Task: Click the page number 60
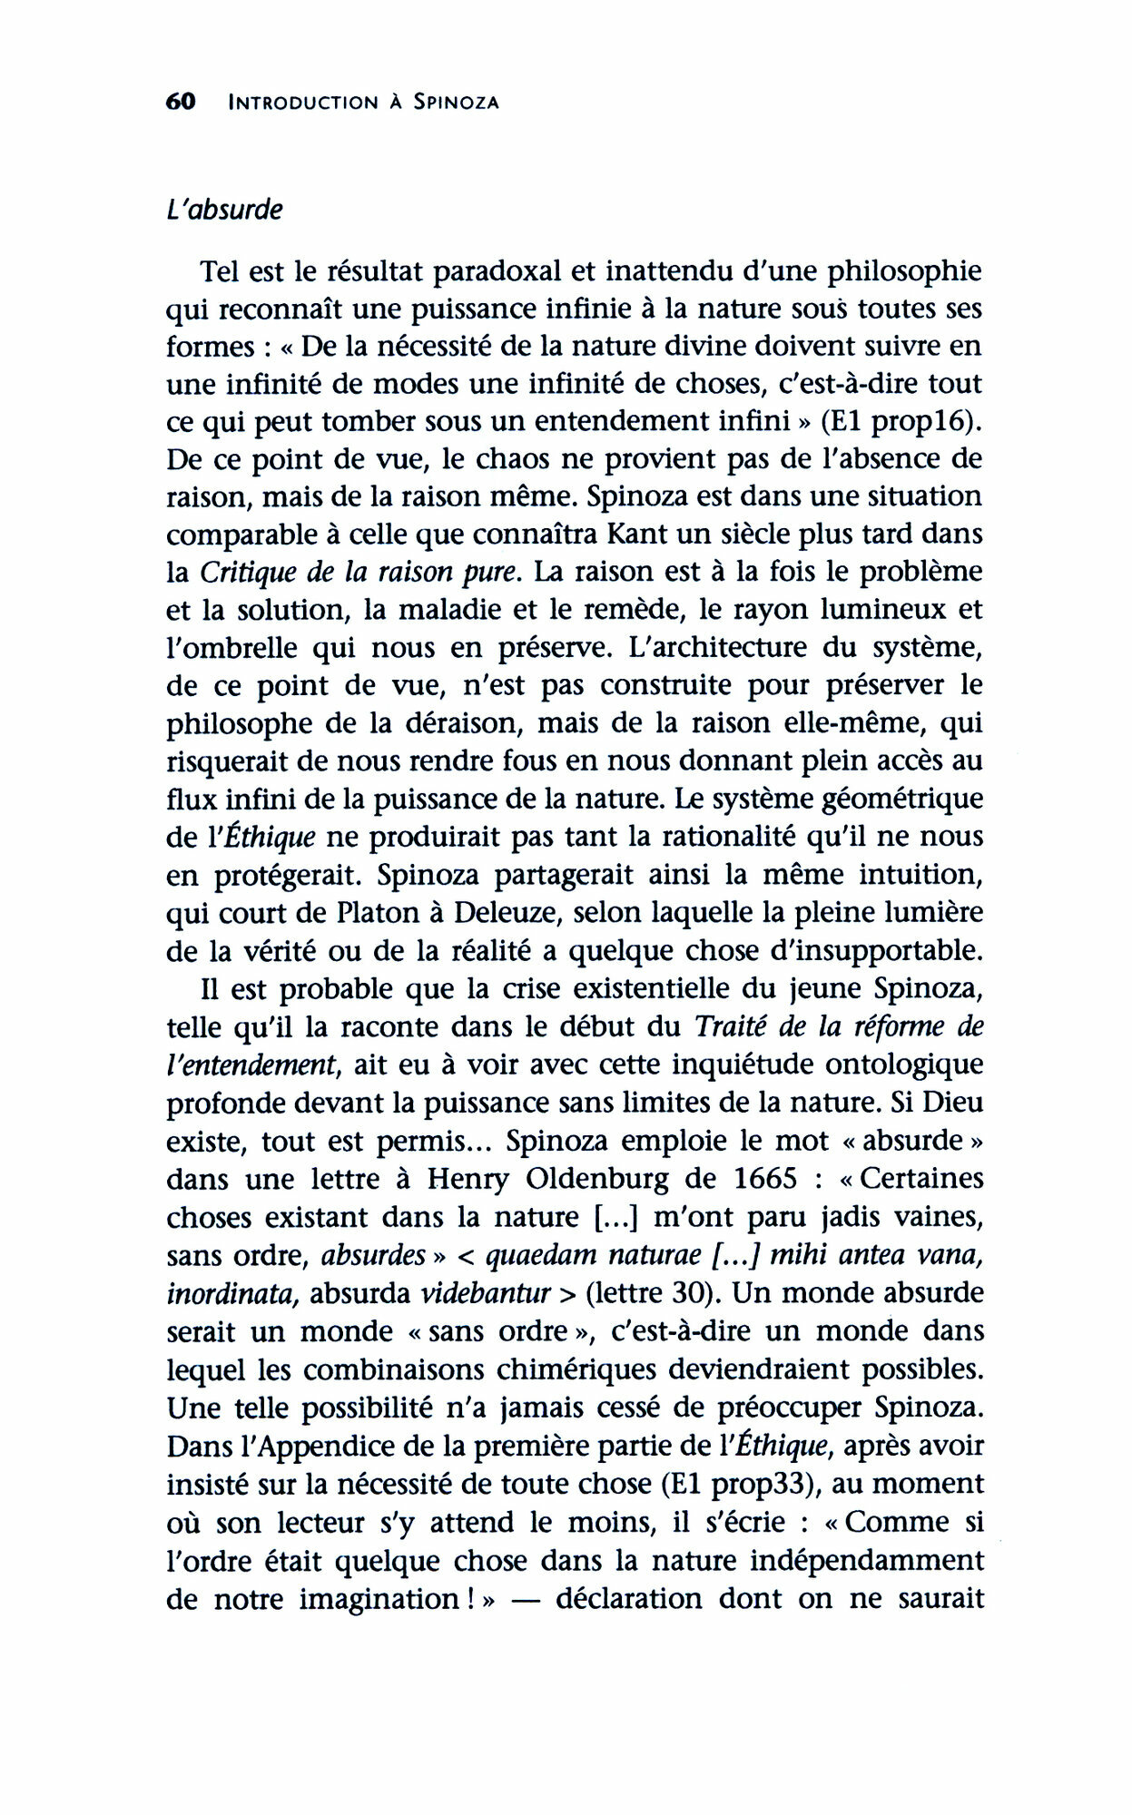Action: [x=182, y=102]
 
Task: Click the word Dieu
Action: [x=949, y=1103]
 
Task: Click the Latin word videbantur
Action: [x=497, y=1292]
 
